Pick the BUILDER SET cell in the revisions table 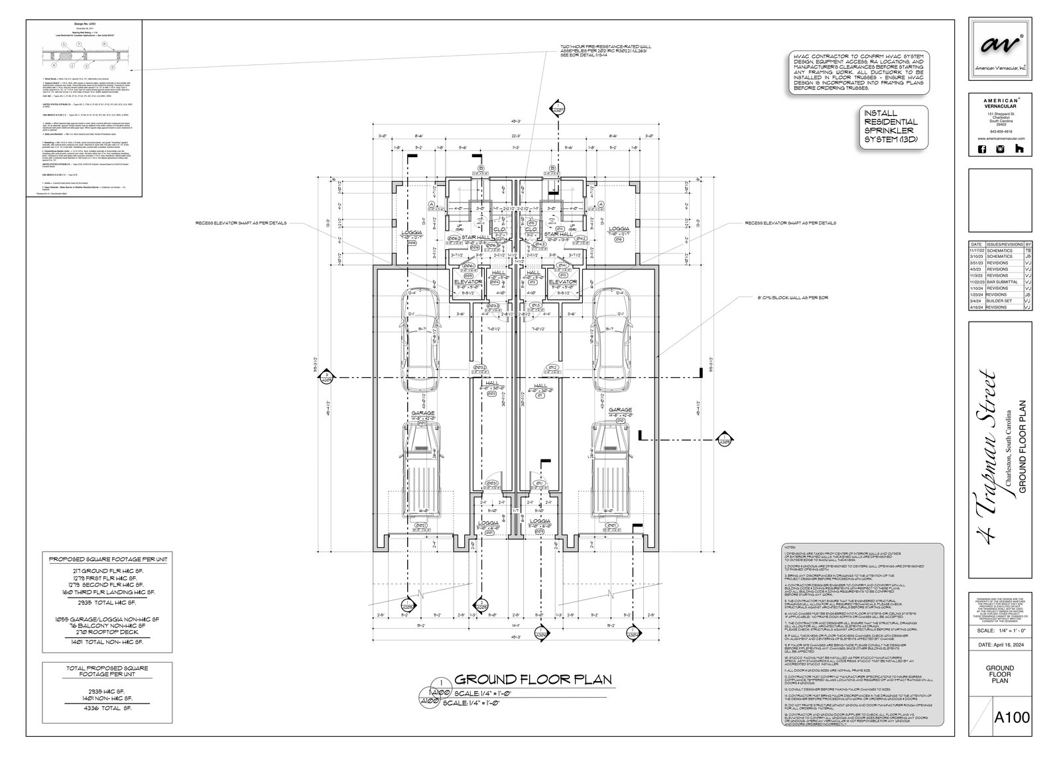[1001, 300]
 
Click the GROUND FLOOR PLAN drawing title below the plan [532, 680]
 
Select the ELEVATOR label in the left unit [468, 282]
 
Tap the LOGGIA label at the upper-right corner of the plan [619, 229]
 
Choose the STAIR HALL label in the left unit [475, 235]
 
